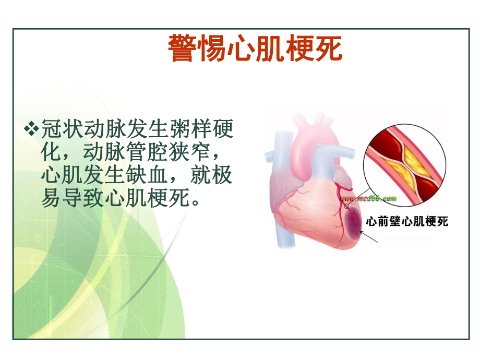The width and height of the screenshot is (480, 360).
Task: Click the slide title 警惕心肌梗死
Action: point(255,49)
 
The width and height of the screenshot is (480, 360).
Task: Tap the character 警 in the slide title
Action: point(183,49)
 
